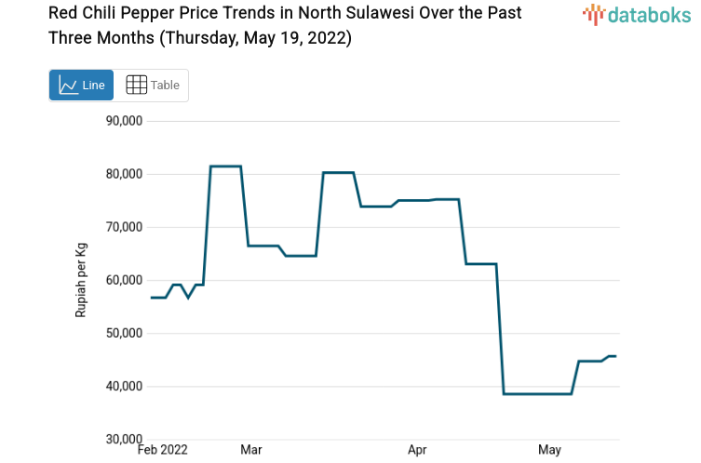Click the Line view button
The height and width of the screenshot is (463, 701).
click(81, 85)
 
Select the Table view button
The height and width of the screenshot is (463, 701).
click(152, 85)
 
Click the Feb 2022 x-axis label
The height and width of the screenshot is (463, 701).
click(162, 450)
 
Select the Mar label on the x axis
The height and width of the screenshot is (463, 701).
click(250, 450)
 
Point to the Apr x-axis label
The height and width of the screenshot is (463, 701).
click(418, 450)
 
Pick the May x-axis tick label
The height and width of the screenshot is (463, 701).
click(549, 450)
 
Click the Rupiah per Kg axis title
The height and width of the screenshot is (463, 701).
click(81, 280)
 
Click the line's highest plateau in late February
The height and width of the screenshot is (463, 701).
click(225, 166)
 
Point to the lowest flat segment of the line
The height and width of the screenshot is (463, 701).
click(537, 394)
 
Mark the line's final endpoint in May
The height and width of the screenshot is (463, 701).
click(615, 356)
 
